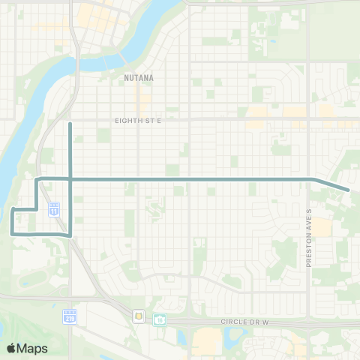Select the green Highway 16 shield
point(159,319)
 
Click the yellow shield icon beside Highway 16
point(139,316)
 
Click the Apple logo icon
point(11,348)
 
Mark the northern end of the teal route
point(70,123)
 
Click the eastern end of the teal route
point(349,190)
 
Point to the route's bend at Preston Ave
point(311,179)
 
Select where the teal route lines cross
point(70,179)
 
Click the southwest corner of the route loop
point(11,234)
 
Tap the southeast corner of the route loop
point(70,235)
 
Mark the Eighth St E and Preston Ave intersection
point(308,118)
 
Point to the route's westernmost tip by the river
point(12,208)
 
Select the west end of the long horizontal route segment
point(37,179)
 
